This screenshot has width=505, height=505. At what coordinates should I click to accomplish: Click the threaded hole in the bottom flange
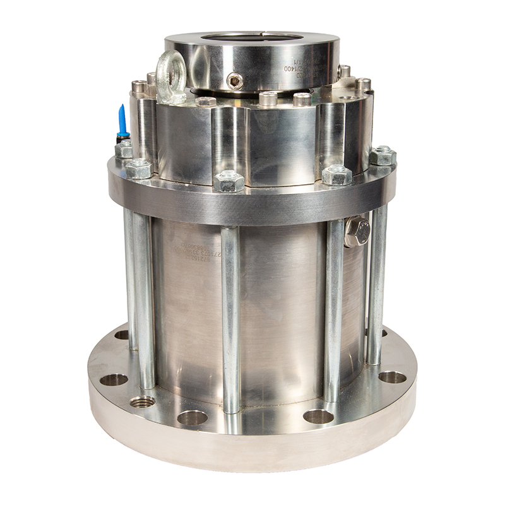pos(142,401)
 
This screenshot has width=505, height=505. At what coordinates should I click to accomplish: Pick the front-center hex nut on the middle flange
pos(228,182)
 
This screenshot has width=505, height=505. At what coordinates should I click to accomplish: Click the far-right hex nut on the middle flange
pos(382,155)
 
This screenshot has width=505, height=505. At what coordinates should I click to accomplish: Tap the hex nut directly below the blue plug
pos(124,150)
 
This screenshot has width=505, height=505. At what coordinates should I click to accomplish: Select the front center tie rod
pos(230,316)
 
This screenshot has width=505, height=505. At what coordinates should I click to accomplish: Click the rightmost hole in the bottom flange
pos(392,377)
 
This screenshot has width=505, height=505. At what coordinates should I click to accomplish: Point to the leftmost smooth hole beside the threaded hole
pos(114,379)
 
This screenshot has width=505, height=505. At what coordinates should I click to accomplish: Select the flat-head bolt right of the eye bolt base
pos(206,101)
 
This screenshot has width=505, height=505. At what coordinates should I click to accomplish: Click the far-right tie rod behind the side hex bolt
pos(377,284)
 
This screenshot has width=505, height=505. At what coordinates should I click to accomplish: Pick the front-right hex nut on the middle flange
pos(336,175)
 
